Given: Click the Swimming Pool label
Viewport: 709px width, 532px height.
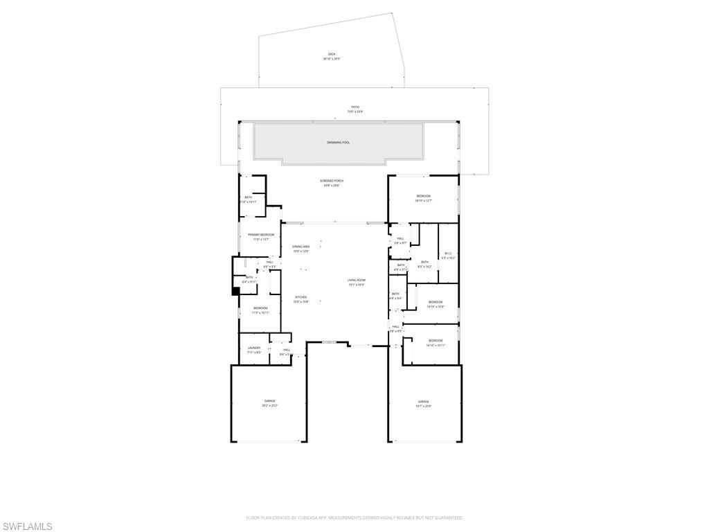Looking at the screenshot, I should pyautogui.click(x=338, y=142).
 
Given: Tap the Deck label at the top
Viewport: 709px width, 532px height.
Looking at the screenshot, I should pyautogui.click(x=332, y=55).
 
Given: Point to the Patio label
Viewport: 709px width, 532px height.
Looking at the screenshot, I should pyautogui.click(x=354, y=107).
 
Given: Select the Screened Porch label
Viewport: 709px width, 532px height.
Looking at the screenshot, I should pyautogui.click(x=332, y=181).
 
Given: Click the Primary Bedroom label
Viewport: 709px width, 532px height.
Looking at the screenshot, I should pyautogui.click(x=261, y=235).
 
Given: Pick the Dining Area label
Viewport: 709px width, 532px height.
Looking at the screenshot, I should pyautogui.click(x=300, y=247).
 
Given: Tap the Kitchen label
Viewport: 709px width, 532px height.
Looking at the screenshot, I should pyautogui.click(x=300, y=297).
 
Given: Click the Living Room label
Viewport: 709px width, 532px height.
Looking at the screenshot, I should pyautogui.click(x=356, y=280).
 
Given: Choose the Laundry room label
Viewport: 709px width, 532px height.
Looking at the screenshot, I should pyautogui.click(x=254, y=348).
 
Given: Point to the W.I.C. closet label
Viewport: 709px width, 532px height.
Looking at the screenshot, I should pyautogui.click(x=448, y=254).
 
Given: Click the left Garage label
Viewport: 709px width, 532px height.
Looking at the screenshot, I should pyautogui.click(x=269, y=401).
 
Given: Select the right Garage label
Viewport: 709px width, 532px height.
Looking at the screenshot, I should pyautogui.click(x=423, y=402).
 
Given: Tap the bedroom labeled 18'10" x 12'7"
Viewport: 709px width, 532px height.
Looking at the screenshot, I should pyautogui.click(x=423, y=197).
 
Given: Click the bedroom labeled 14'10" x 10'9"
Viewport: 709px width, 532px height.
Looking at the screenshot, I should pyautogui.click(x=435, y=302).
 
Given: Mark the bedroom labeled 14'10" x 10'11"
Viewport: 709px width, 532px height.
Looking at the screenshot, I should pyautogui.click(x=435, y=341).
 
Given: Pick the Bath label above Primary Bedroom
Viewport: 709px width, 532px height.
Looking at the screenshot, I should pyautogui.click(x=249, y=198).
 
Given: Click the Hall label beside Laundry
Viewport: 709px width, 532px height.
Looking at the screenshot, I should pyautogui.click(x=286, y=350).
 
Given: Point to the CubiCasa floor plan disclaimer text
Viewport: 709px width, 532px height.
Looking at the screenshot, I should pyautogui.click(x=354, y=517).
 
